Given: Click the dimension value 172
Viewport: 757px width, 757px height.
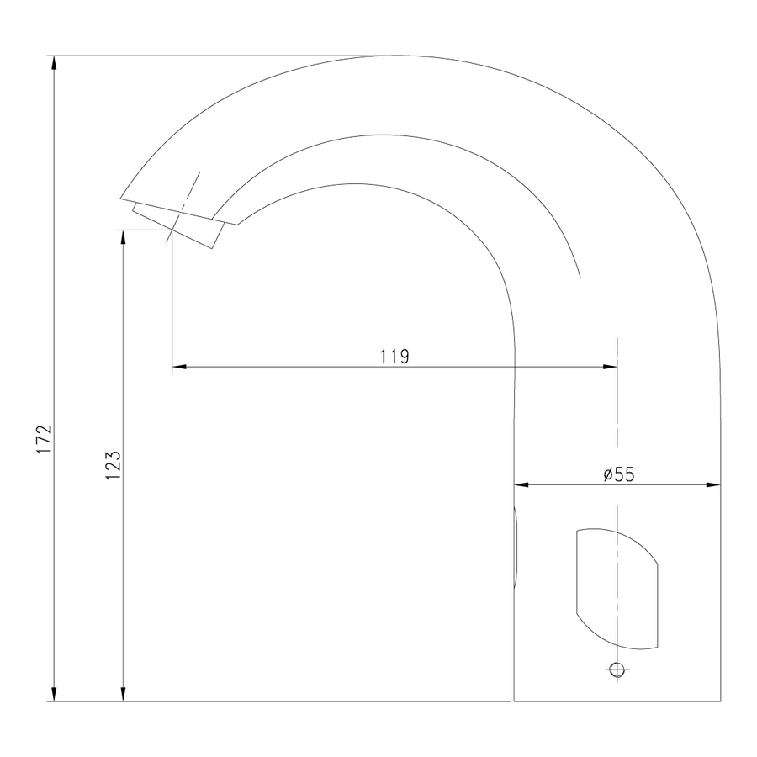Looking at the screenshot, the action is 45,439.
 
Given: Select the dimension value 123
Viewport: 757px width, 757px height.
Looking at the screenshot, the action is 113,465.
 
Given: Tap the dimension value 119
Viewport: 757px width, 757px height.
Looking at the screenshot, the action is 394,357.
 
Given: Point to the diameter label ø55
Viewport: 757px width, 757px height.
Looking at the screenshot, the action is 619,474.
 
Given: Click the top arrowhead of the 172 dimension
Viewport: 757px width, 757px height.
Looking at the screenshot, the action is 54,63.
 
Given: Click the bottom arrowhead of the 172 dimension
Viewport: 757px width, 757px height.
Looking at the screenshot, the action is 54,694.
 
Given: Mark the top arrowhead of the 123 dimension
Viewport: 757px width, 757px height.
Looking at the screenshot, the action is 123,237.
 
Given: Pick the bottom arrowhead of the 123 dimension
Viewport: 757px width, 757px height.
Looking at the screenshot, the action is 123,694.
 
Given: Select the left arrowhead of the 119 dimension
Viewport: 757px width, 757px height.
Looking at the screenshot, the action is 180,367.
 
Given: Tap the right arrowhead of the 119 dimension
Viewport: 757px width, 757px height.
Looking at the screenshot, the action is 610,367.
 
